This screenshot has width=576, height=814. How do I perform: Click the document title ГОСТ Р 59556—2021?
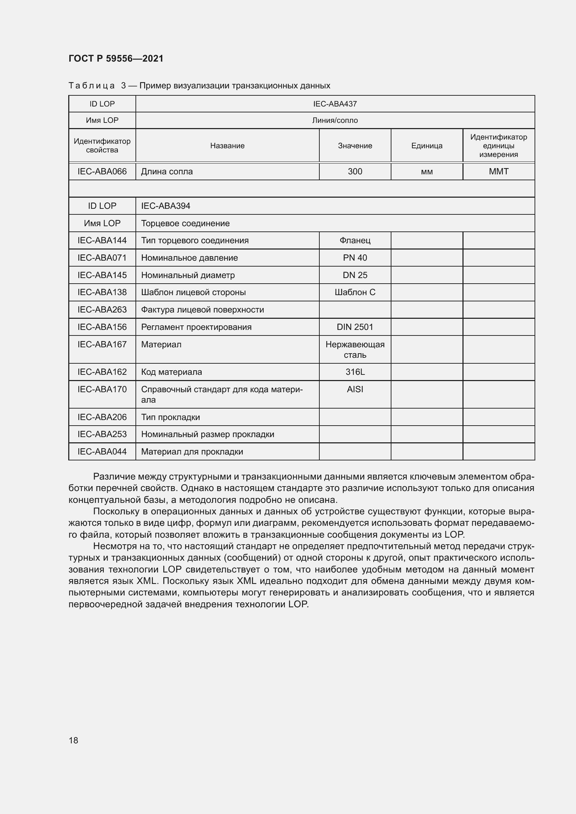116,58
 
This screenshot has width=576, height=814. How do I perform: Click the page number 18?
73,740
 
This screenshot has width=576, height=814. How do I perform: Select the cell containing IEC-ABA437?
335,104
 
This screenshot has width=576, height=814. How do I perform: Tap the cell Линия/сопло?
335,120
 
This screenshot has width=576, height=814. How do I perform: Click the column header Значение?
355,146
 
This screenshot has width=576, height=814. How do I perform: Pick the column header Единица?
427,146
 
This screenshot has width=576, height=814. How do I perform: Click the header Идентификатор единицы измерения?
498,146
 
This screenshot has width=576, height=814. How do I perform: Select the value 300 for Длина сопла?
355,172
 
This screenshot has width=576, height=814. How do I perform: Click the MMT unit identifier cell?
498,172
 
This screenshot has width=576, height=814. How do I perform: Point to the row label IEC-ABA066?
102,172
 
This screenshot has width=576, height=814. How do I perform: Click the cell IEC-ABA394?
166,206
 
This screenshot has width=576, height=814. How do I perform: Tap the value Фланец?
355,240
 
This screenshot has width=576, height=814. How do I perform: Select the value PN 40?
355,258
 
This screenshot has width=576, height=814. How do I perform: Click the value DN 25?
355,275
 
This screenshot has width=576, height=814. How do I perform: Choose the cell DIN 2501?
355,327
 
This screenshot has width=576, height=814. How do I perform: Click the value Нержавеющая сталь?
355,349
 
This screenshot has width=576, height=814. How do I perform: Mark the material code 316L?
355,372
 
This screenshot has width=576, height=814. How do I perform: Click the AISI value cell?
355,389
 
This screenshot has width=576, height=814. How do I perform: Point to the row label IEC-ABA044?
102,452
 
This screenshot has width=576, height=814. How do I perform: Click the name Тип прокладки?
171,417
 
